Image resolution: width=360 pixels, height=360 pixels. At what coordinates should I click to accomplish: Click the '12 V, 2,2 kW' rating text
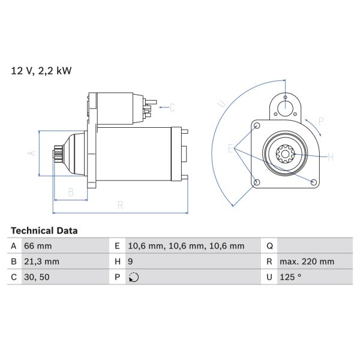pyautogui.click(x=41, y=71)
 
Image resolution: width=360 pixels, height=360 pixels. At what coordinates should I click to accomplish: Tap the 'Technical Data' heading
pyautogui.click(x=44, y=230)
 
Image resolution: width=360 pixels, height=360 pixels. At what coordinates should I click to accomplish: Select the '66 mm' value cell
pyautogui.click(x=37, y=246)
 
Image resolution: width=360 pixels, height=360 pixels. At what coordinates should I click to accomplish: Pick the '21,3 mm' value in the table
pyautogui.click(x=41, y=262)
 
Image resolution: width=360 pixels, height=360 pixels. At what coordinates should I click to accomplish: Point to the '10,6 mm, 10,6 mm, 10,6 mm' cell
pyautogui.click(x=185, y=246)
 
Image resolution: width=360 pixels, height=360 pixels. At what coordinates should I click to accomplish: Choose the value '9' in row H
pyautogui.click(x=131, y=262)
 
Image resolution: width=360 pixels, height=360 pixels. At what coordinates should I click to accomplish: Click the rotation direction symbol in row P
pyautogui.click(x=133, y=277)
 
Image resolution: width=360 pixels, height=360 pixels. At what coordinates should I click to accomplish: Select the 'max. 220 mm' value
pyautogui.click(x=307, y=262)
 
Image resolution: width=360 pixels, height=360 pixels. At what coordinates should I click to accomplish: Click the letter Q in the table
pyautogui.click(x=269, y=246)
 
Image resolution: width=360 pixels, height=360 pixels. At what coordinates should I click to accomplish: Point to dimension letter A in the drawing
pyautogui.click(x=32, y=154)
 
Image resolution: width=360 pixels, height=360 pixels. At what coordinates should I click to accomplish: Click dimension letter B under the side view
pyautogui.click(x=70, y=193)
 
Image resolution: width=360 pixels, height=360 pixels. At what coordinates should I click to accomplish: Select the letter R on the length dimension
pyautogui.click(x=120, y=205)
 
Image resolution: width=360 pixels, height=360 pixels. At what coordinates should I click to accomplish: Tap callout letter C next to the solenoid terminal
pyautogui.click(x=172, y=108)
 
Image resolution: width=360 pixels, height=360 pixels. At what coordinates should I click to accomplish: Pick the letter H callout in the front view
pyautogui.click(x=330, y=157)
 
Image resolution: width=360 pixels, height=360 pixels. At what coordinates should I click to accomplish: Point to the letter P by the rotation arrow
pyautogui.click(x=321, y=121)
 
